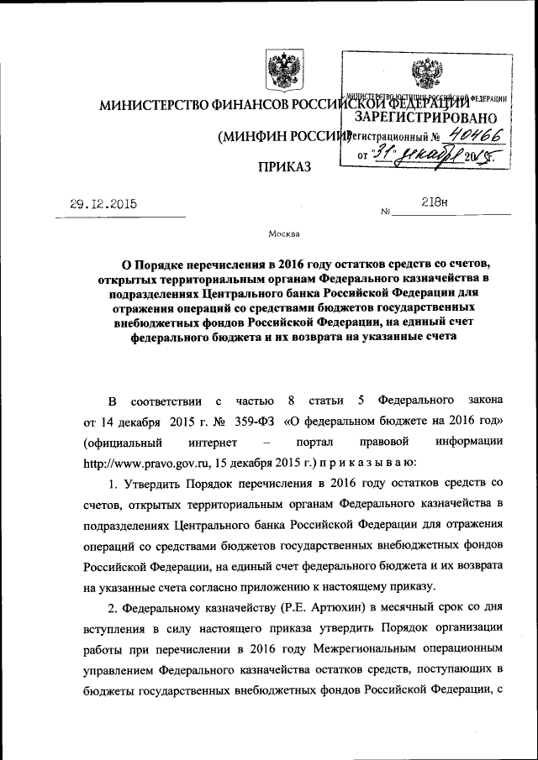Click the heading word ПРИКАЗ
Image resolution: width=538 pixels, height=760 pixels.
pos(283,168)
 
